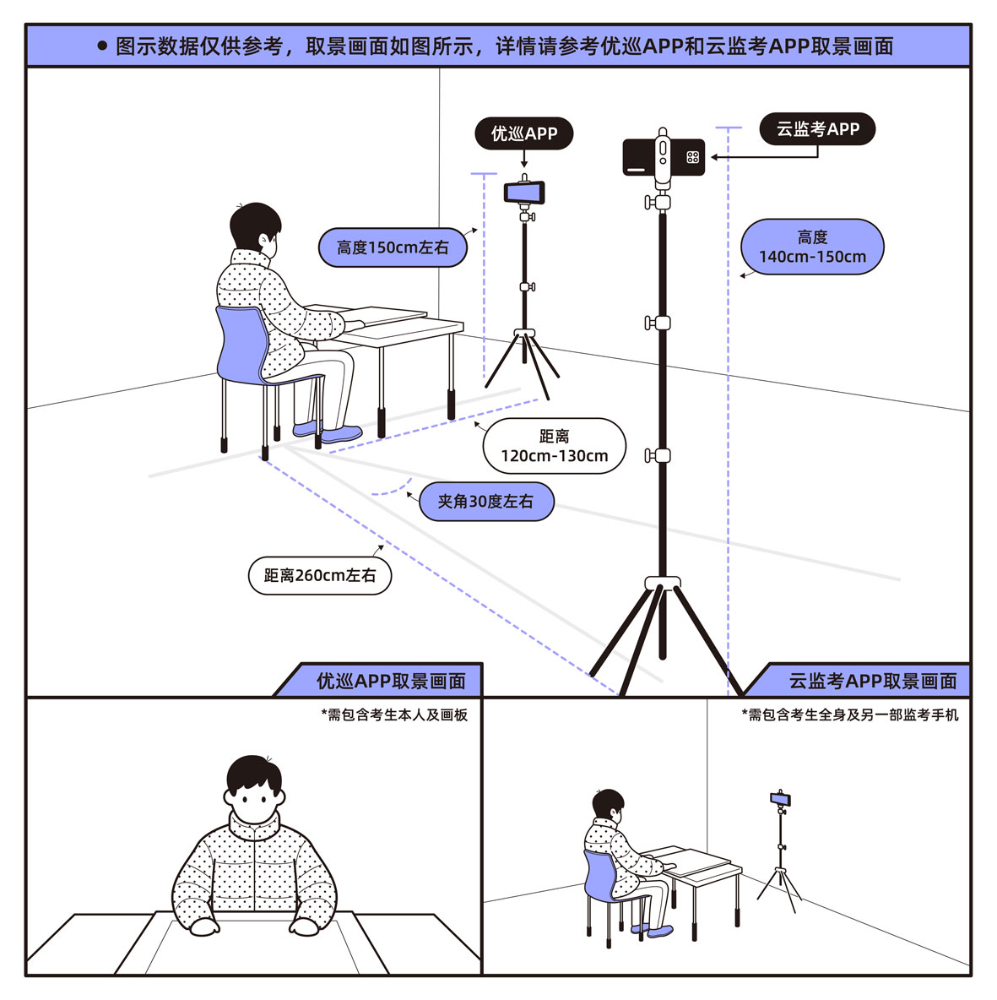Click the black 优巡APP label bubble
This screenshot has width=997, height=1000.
coord(524,133)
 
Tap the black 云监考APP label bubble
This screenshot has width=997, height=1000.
coord(817,129)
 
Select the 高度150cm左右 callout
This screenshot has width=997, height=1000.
coord(393,247)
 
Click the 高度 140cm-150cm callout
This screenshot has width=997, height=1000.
coord(812,247)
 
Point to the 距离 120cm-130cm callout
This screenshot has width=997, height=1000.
coord(554,446)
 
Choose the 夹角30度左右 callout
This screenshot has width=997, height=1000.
coord(486,502)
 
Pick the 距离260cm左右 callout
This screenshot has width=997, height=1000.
coord(320,575)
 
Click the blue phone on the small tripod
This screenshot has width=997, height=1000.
coord(524,192)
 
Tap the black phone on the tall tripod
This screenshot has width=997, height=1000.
coord(664,157)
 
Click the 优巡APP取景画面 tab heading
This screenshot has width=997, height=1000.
coord(391,681)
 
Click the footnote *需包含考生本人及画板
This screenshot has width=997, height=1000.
coord(394,715)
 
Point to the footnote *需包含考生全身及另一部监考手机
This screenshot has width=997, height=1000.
coord(850,715)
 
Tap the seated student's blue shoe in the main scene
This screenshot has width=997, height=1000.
coord(341,435)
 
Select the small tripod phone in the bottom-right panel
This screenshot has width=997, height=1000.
coord(780,798)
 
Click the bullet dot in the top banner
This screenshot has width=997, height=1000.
coord(102,46)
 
